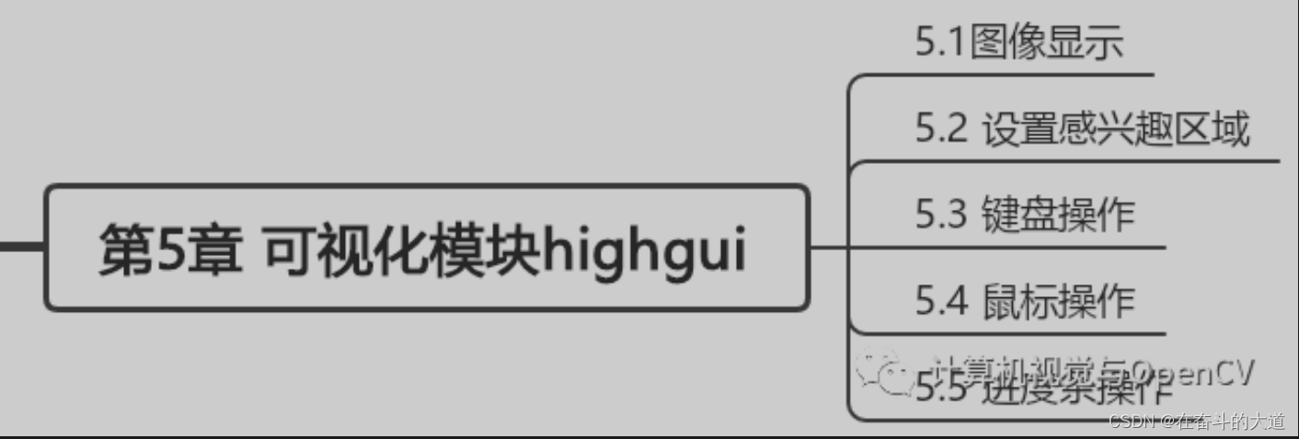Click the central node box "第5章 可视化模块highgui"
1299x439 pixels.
click(426, 248)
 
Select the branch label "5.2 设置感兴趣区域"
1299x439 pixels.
click(1082, 130)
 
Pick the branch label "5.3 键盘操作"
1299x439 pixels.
click(1025, 215)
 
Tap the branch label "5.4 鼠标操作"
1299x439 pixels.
click(1025, 301)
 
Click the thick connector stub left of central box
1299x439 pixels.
click(20, 247)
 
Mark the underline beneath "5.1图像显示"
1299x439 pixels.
click(1012, 74)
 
